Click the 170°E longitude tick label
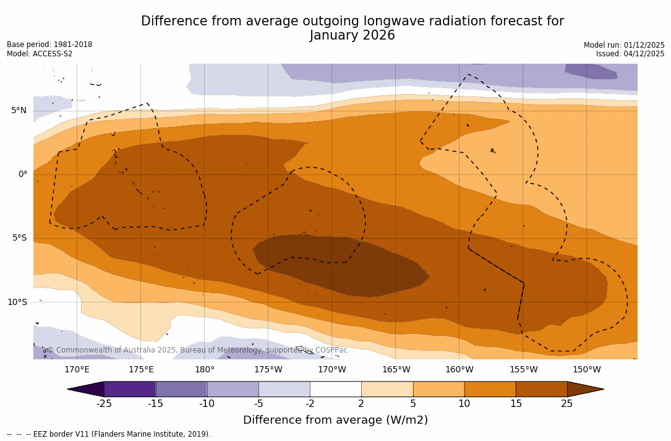click(x=77, y=370)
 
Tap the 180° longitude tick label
click(x=205, y=370)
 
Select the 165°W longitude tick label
click(x=396, y=370)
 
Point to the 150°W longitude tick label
click(x=586, y=370)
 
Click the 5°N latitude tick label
click(x=19, y=111)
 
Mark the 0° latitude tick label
click(x=23, y=174)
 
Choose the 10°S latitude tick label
click(x=17, y=302)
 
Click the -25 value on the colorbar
click(x=104, y=404)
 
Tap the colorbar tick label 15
click(x=515, y=404)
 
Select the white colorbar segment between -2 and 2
click(x=335, y=389)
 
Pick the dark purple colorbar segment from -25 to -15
click(x=130, y=389)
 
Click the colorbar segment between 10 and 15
click(x=490, y=389)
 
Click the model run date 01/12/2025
click(x=643, y=45)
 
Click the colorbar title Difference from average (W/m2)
click(x=335, y=421)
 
